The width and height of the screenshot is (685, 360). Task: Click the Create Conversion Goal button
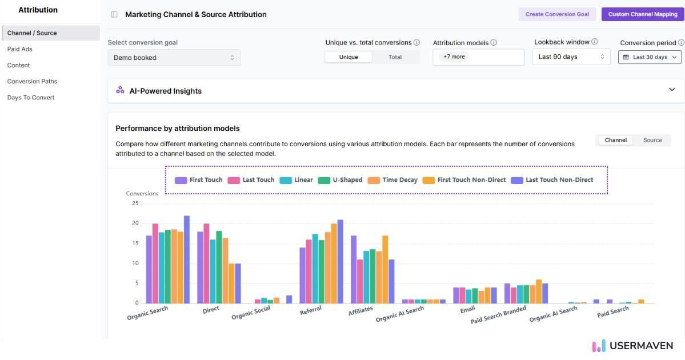point(557,14)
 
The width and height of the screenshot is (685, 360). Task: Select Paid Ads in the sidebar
point(20,49)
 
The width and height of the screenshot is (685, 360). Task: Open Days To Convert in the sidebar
point(31,98)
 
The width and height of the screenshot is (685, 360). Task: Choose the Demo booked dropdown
point(174,58)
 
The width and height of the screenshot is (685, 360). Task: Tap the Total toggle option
point(395,57)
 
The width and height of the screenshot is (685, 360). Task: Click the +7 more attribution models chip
point(454,57)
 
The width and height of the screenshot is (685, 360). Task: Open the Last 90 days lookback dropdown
point(571,57)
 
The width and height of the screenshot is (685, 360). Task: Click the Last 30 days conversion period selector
point(650,57)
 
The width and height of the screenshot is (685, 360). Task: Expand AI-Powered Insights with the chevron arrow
point(672,90)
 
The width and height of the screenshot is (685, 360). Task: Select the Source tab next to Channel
point(652,140)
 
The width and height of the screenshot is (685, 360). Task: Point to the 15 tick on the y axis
point(135,243)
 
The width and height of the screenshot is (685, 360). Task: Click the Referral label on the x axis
point(311,310)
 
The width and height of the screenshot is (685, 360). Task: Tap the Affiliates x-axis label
point(360,310)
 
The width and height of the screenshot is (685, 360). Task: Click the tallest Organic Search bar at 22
point(187,259)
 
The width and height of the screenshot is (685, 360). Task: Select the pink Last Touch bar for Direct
point(207,263)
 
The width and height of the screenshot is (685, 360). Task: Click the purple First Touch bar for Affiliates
point(354,269)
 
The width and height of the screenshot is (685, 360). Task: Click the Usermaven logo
point(633,346)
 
